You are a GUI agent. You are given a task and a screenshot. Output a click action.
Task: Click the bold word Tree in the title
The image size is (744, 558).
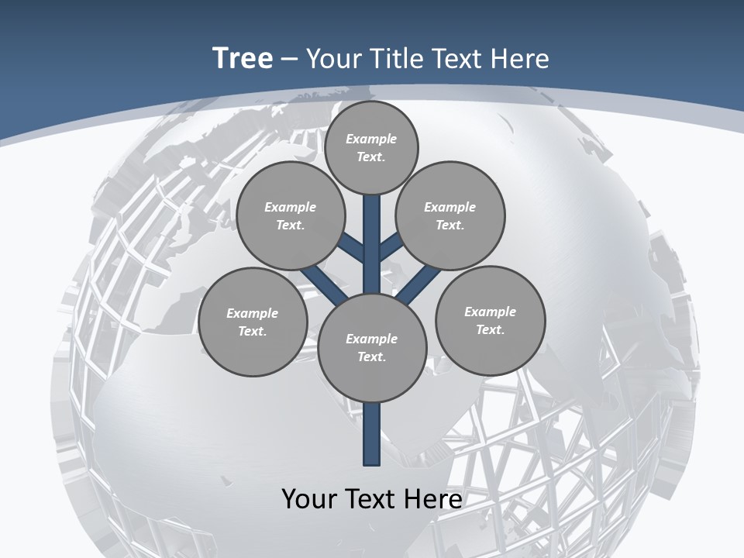click(243, 59)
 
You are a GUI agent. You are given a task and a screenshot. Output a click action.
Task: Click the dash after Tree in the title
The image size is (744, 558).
click(289, 60)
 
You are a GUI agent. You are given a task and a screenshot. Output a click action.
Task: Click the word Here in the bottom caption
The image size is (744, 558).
click(432, 499)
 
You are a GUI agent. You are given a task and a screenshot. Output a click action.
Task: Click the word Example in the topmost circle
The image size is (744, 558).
click(371, 139)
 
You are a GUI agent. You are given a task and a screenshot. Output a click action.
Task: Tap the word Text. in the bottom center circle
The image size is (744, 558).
click(371, 357)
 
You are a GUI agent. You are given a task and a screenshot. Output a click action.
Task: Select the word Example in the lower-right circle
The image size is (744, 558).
click(490, 312)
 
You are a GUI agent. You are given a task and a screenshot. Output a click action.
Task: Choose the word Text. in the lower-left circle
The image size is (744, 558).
click(252, 332)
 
